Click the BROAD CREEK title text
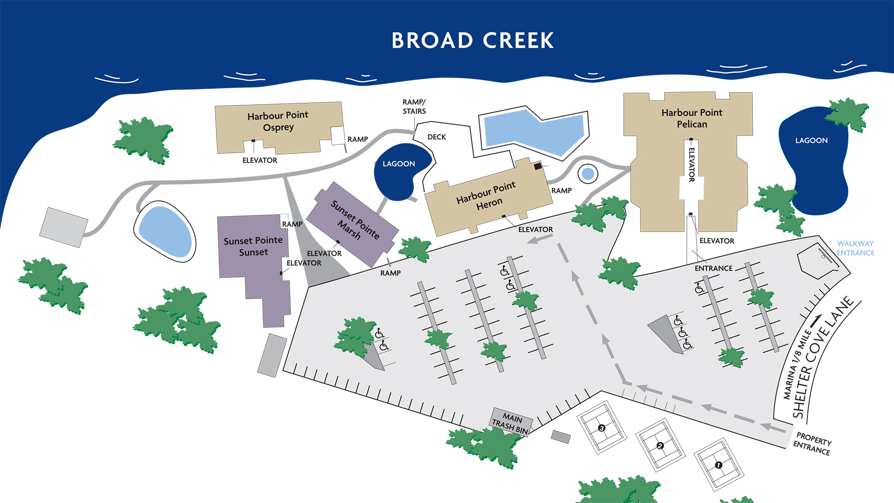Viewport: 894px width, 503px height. tap(473, 41)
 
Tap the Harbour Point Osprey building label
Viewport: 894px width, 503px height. tap(278, 121)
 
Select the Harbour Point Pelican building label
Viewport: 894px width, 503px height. tap(691, 118)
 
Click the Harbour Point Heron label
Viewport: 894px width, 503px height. tap(487, 196)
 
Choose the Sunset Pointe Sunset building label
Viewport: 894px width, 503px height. tap(253, 246)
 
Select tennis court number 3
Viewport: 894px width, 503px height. tap(602, 428)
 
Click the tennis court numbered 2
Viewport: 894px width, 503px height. tap(660, 446)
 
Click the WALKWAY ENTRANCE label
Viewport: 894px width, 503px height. tap(855, 248)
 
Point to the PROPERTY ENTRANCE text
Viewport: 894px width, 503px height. tap(813, 444)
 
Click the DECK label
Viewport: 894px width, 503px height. tap(436, 137)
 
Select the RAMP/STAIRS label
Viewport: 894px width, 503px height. tap(414, 107)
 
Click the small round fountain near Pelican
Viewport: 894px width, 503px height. tap(588, 174)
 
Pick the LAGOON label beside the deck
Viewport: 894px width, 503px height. tap(399, 164)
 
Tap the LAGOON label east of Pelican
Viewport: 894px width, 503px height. tap(811, 140)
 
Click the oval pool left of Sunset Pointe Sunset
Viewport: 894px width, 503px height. tap(165, 231)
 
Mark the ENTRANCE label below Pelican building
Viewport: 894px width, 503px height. tap(713, 268)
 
